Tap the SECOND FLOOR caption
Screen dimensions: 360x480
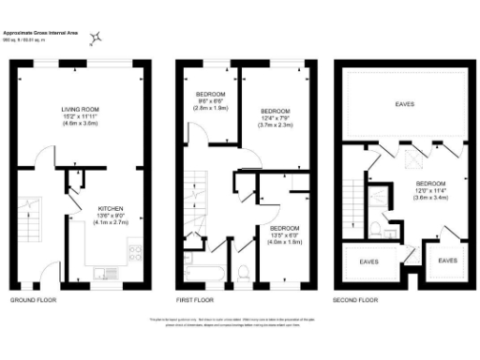pyautogui.click(x=355, y=299)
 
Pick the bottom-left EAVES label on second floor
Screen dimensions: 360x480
pyautogui.click(x=368, y=261)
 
